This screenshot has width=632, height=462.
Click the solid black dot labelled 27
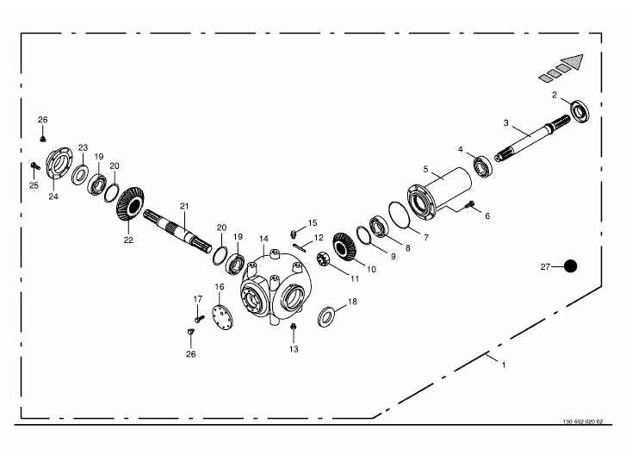[x=570, y=266]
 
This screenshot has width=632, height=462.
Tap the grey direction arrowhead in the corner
[x=573, y=61]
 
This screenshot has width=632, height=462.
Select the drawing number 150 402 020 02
[x=583, y=421]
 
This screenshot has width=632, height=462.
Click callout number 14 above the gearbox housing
[x=263, y=239]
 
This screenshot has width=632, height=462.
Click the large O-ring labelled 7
[x=400, y=215]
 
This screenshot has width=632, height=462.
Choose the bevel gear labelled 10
[x=344, y=247]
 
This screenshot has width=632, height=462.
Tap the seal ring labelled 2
[x=580, y=110]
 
